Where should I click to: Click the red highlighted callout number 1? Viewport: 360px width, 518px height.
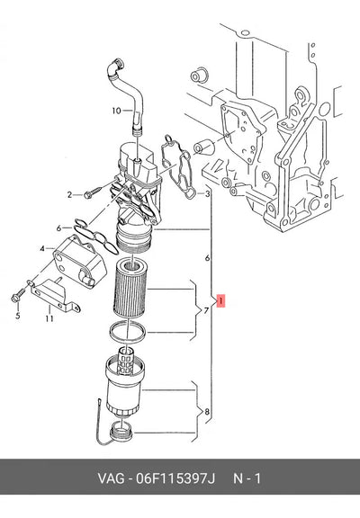[220, 300]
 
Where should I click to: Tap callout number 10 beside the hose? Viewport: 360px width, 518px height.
[117, 111]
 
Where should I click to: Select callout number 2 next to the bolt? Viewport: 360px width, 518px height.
[70, 195]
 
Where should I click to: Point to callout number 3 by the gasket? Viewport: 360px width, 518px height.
[207, 194]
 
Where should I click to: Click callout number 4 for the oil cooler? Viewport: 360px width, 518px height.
[42, 248]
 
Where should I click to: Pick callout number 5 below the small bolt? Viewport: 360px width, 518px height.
[18, 316]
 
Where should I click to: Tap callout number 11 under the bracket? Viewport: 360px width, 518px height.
[49, 318]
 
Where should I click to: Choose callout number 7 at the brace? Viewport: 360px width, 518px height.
[206, 311]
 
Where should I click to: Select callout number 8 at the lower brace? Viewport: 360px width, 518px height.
[207, 412]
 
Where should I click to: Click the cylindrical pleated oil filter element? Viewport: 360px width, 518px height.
[130, 288]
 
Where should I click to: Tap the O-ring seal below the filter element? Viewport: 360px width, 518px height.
[127, 331]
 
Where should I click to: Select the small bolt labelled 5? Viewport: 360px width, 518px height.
[18, 295]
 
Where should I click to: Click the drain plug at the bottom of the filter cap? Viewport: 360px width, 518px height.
[121, 431]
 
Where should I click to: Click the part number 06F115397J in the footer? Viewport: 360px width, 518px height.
[175, 478]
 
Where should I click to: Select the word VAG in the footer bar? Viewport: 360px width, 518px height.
[111, 478]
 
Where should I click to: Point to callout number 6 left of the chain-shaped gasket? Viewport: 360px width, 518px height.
[58, 228]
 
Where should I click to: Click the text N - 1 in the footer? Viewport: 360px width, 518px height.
[247, 478]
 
